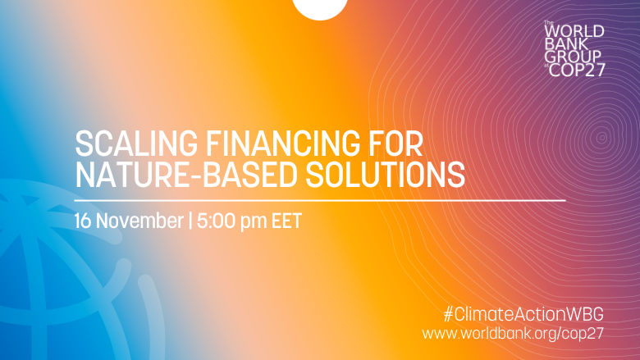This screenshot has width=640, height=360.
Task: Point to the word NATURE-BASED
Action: [x=177, y=174]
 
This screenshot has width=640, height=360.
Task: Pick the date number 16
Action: [x=84, y=221]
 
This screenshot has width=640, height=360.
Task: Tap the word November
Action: [x=139, y=221]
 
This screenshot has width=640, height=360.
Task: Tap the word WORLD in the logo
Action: [x=575, y=31]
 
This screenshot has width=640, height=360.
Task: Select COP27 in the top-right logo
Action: [x=578, y=70]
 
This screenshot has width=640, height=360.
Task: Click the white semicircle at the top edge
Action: [x=320, y=8]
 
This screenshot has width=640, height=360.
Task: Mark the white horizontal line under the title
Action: [x=320, y=199]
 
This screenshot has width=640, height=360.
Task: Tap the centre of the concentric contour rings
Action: [x=601, y=137]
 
